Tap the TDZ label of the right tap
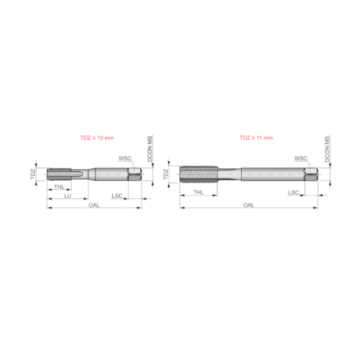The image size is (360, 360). [x=166, y=175]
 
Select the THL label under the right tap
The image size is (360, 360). [x=199, y=192]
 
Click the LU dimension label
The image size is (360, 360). [x=68, y=196]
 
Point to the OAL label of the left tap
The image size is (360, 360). [x=94, y=205]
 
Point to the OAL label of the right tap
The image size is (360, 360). [x=249, y=205]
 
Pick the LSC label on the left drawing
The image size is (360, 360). [x=117, y=196]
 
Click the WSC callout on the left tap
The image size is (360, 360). [x=124, y=158]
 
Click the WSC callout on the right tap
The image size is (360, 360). [x=301, y=158]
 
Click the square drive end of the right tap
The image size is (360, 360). [x=312, y=175]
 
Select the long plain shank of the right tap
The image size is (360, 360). [x=270, y=175]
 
